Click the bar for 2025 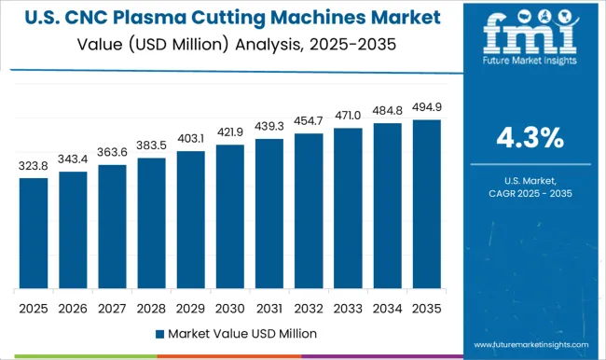click(x=33, y=233)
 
